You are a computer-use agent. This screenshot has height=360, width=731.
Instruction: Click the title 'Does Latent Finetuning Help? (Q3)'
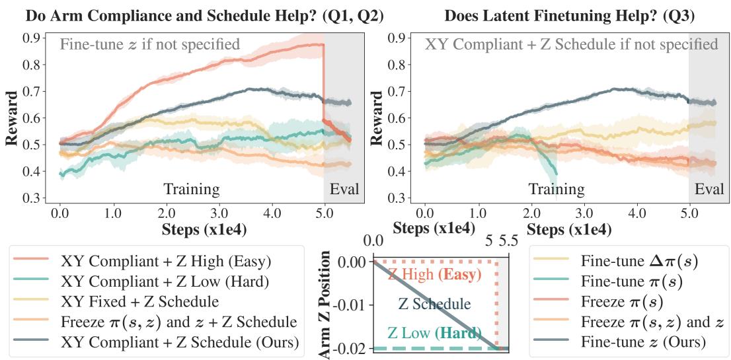coord(569,15)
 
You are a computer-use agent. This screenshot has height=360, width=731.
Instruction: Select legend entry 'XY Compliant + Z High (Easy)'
coord(165,261)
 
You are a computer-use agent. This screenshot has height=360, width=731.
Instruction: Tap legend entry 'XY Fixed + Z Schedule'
coord(139,302)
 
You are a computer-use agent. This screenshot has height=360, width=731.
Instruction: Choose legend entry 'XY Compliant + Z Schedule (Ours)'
coord(179,343)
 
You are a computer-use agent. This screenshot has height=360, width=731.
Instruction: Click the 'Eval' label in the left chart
coord(344,190)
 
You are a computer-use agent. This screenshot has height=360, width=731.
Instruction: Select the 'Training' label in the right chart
coord(556,190)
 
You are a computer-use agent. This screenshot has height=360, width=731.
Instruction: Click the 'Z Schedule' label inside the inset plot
coord(434,305)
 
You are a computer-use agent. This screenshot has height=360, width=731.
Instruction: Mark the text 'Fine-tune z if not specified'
coord(150,45)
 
